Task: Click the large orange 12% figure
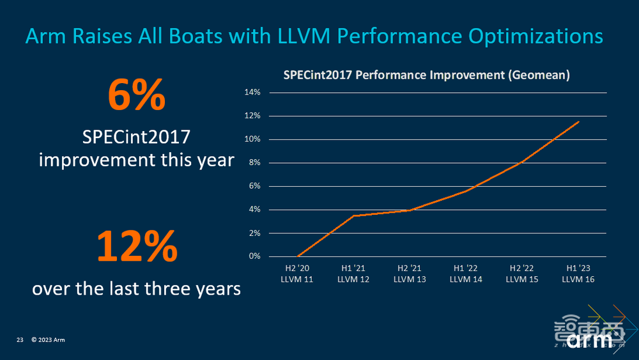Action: coord(136,246)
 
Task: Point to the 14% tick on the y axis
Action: coord(252,92)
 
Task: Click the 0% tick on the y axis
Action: coord(254,256)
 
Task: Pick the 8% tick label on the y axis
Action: coord(254,162)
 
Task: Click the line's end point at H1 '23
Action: coord(579,121)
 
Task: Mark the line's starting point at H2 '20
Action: coord(298,256)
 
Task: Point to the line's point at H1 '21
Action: coord(354,215)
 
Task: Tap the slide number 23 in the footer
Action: coord(20,340)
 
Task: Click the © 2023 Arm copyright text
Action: coord(48,340)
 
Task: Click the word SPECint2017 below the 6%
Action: coord(136,137)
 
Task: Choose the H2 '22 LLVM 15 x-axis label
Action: coord(522,274)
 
